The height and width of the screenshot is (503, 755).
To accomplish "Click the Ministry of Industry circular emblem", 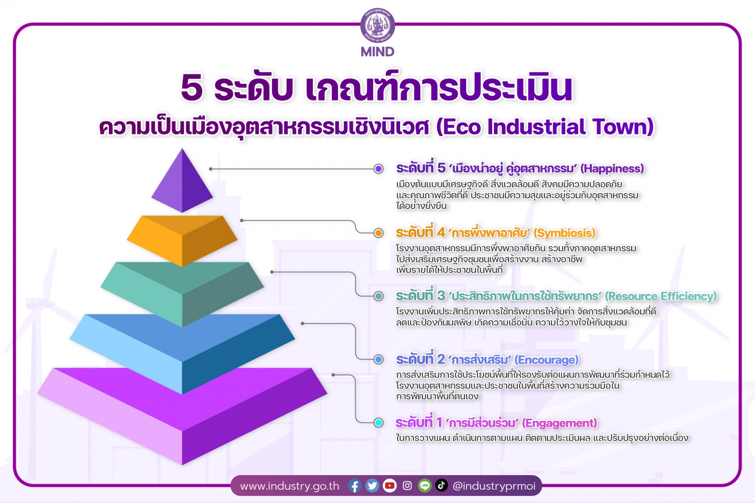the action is [377, 25].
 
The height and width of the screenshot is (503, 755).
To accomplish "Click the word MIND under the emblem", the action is [377, 52].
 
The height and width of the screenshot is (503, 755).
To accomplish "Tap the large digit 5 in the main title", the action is [192, 87].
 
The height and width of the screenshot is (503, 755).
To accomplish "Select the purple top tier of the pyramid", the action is [182, 180].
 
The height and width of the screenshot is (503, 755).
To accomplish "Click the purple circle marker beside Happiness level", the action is [378, 169].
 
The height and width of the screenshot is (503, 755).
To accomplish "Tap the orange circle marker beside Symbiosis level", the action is [378, 233].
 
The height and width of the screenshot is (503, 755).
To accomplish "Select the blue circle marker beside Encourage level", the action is [378, 359].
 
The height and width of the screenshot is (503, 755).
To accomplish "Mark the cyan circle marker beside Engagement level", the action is [378, 423].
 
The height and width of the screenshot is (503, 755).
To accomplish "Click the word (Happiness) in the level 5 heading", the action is [612, 168].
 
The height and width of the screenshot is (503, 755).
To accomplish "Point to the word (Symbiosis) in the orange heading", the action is [565, 233].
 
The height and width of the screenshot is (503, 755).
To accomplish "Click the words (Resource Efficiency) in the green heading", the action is [661, 296].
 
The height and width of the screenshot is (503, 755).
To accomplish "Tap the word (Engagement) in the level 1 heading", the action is [559, 423].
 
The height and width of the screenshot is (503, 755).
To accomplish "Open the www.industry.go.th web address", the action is [290, 486].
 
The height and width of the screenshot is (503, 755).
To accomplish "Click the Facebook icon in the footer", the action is [355, 486].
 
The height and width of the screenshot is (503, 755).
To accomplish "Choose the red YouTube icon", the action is [390, 486].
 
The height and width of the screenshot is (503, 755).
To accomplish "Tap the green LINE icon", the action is [424, 486].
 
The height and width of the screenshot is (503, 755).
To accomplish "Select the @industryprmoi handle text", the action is [494, 486].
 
